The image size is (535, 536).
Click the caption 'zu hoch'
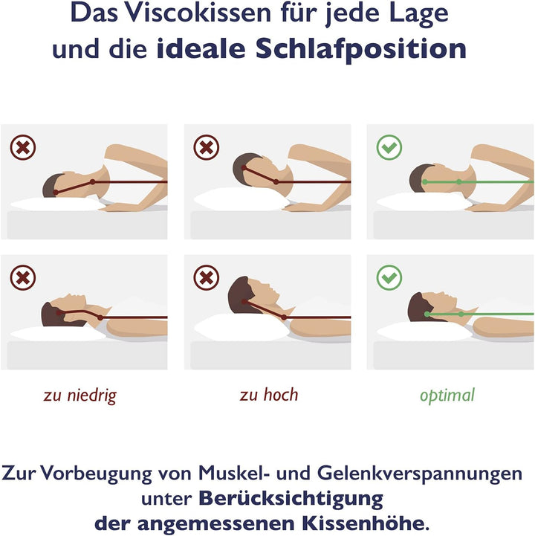pos(268,395)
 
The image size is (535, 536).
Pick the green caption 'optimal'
pos(447,395)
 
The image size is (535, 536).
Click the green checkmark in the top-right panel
pos(389,146)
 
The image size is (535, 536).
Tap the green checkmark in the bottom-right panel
pos(389,278)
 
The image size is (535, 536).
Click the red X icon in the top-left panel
pos(23,146)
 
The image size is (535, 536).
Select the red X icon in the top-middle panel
pos(206,146)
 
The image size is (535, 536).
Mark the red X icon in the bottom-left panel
pos(23,278)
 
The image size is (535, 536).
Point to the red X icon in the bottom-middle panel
pos(206,278)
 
